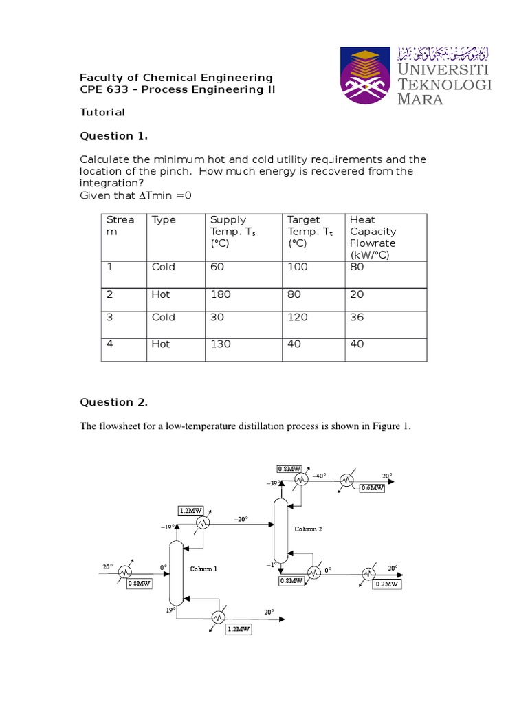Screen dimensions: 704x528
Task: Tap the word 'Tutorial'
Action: point(102,112)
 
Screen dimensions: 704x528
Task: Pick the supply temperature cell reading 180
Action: point(221,294)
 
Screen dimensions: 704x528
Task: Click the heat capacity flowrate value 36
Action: point(357,317)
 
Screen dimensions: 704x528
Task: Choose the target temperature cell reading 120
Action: point(298,317)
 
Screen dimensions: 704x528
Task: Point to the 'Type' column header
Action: point(164,220)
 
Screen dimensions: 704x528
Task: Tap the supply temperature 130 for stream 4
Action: point(221,344)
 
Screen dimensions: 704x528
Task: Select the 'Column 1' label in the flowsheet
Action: point(203,569)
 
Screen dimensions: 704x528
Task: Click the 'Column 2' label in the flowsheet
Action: point(308,529)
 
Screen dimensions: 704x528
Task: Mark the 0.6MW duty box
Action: point(372,488)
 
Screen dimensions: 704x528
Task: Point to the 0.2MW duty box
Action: point(386,584)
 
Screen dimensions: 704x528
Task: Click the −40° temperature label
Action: point(319,476)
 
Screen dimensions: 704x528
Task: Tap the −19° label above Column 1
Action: point(167,527)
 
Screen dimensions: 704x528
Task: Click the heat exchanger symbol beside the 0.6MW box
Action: point(347,479)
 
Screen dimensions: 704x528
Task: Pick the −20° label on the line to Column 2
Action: point(241,519)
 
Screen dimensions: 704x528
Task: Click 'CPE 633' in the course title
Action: point(102,90)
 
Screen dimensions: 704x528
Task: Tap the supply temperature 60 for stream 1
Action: point(217,267)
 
